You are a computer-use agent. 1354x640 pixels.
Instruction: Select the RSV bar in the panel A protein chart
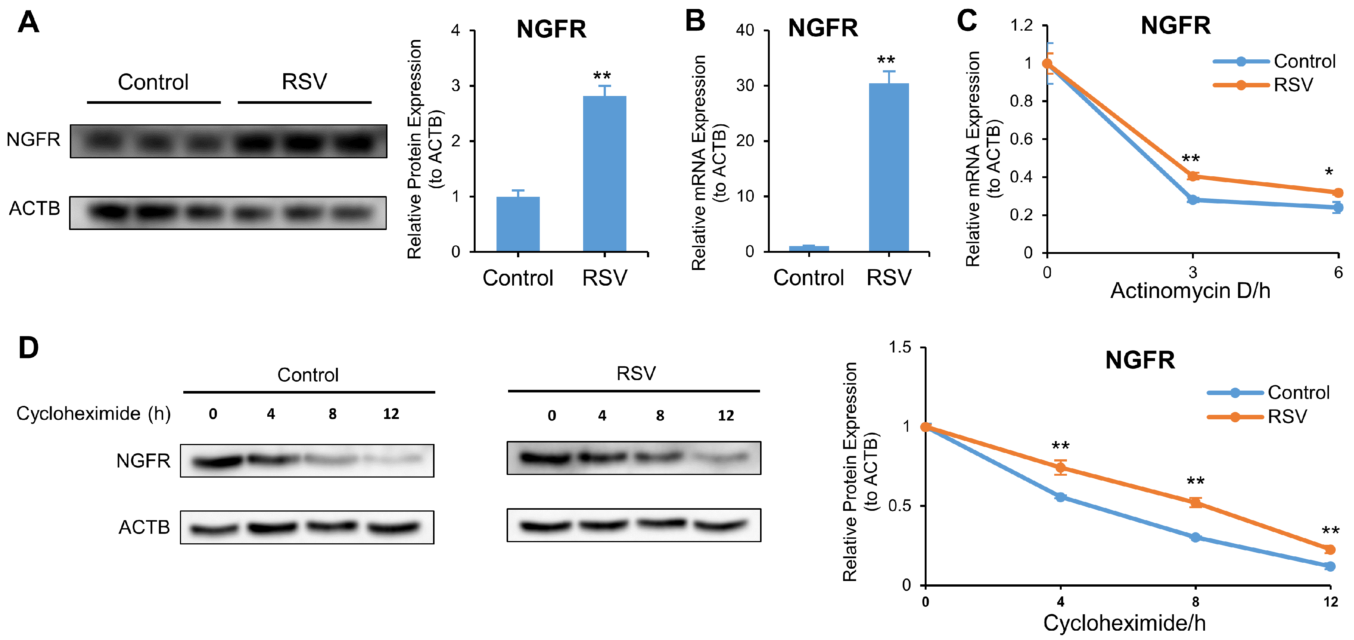(x=604, y=174)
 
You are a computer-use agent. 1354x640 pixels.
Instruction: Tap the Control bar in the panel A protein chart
(x=518, y=224)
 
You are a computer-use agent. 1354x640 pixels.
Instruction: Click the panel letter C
(x=967, y=21)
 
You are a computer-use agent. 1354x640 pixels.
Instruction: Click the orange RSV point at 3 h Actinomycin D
(x=1193, y=176)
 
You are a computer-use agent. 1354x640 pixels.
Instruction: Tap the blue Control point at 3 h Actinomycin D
(x=1193, y=200)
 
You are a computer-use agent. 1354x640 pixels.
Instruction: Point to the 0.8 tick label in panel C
(x=1021, y=101)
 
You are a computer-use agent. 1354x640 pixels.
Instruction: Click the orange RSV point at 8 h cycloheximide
(x=1195, y=503)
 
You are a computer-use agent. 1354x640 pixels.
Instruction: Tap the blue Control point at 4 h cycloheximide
(x=1060, y=497)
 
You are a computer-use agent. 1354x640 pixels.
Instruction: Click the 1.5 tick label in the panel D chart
(x=899, y=348)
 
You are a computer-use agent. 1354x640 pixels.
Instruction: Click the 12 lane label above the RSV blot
(x=725, y=416)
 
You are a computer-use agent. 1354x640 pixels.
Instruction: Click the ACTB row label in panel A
(x=35, y=209)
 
